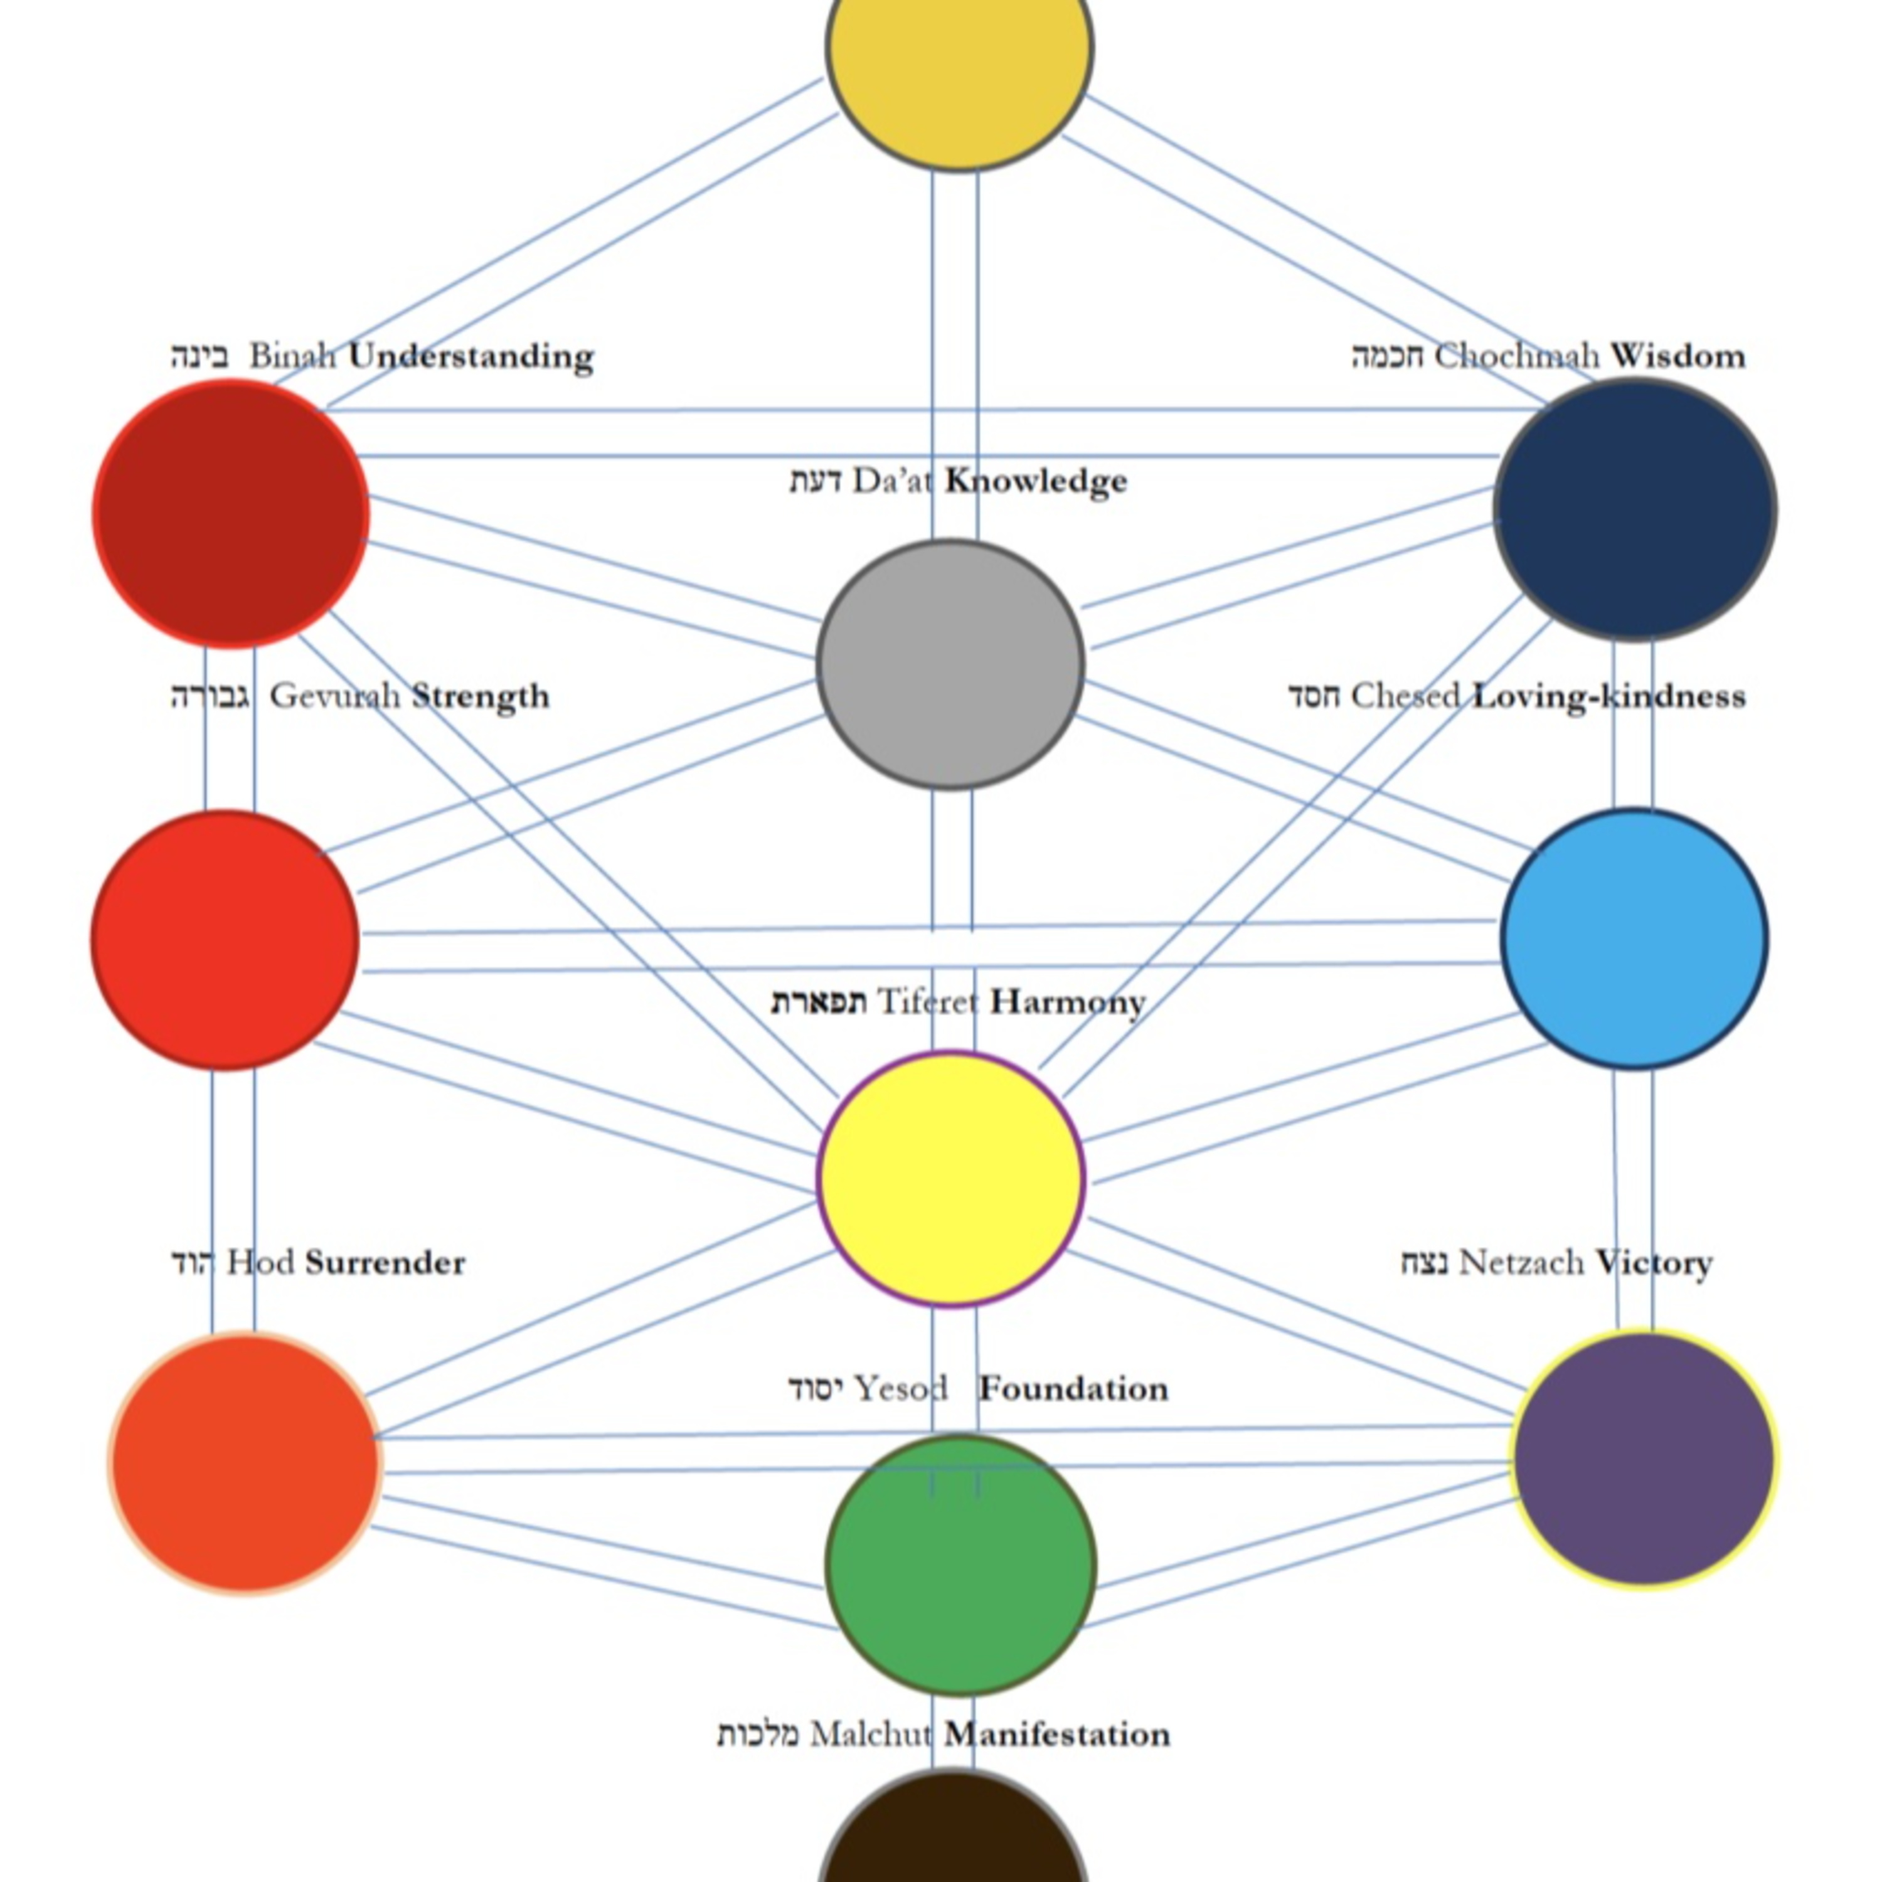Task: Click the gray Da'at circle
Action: coord(951,664)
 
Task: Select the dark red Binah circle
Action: coord(231,513)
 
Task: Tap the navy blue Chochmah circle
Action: coord(1635,509)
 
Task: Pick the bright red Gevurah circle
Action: coord(226,940)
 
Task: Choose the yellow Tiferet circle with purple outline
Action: coord(951,1179)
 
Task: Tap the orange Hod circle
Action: coord(245,1462)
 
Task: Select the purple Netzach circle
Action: coord(1644,1459)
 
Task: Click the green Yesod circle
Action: coord(960,1565)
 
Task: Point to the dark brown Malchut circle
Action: coord(953,1836)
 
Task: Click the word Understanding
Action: coord(472,356)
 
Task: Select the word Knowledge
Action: coord(1036,481)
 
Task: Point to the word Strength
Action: coord(481,696)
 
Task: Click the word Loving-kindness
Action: coord(1608,696)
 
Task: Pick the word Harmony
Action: coord(1068,1002)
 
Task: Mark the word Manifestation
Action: coord(1057,1735)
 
